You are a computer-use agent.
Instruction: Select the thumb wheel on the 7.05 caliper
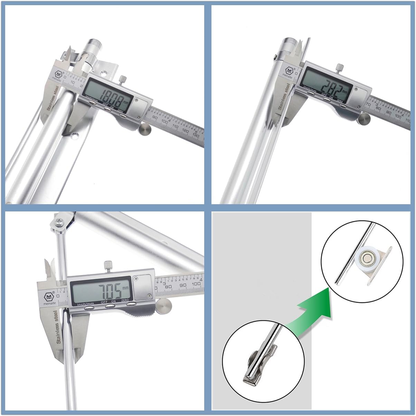click(164, 306)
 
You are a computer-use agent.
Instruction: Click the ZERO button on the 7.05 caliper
click(131, 304)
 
